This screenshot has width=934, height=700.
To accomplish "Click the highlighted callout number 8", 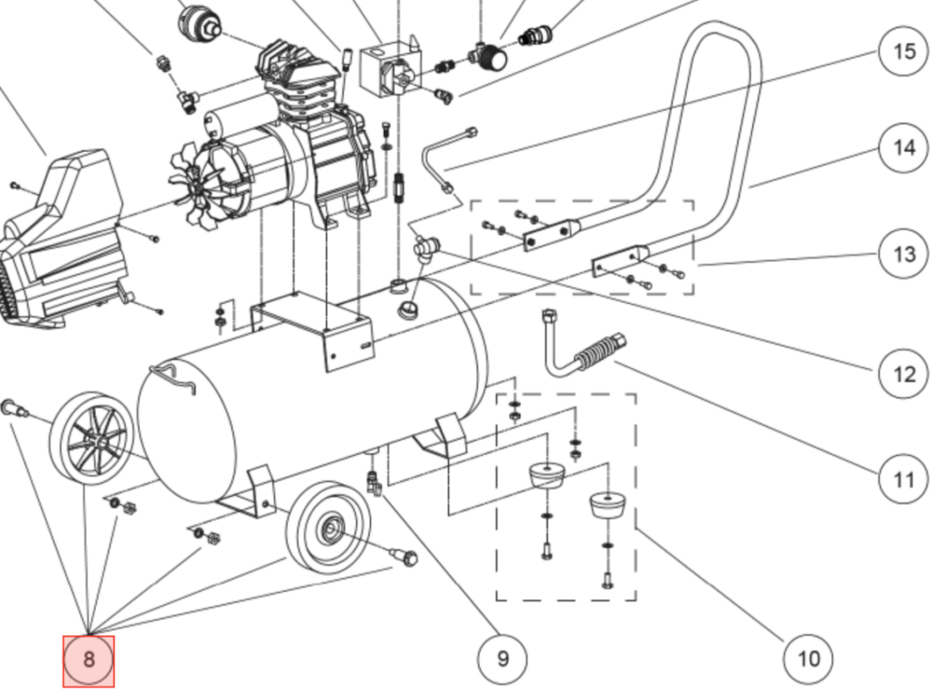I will [x=89, y=661].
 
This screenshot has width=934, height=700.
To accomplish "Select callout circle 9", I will [x=503, y=659].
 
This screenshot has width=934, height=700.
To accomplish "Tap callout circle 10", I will [x=808, y=659].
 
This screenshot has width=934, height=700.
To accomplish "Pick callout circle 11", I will [x=904, y=479].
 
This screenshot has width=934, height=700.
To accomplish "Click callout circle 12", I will [x=904, y=374].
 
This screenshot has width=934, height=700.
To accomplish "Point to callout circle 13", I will [x=904, y=254].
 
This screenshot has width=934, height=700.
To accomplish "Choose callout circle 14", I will [x=904, y=148].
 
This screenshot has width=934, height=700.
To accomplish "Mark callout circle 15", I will [x=904, y=51].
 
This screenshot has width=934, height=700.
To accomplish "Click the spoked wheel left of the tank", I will [x=90, y=439].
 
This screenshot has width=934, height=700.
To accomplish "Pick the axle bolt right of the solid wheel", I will [x=403, y=554].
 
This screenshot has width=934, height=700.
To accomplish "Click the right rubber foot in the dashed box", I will [x=606, y=505].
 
